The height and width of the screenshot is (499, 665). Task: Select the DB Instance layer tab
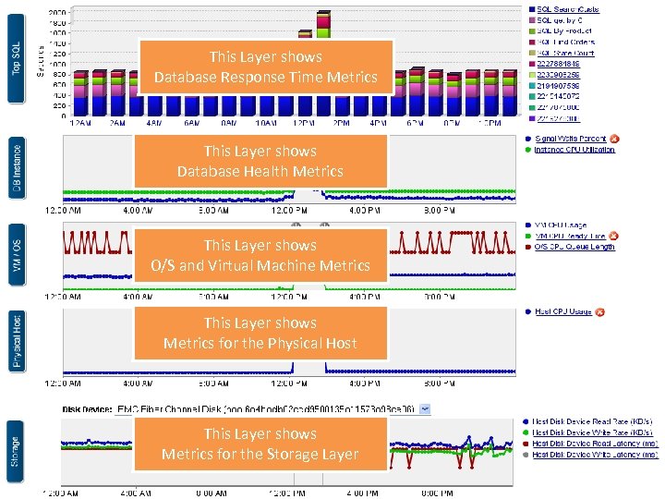(x=16, y=168)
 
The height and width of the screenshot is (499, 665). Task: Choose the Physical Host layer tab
(x=16, y=339)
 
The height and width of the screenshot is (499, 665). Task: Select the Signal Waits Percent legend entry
(x=571, y=139)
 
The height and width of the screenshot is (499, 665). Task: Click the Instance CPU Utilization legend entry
(x=574, y=149)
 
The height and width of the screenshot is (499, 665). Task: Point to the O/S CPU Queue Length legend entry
(x=574, y=247)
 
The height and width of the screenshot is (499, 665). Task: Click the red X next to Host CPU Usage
(x=598, y=312)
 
